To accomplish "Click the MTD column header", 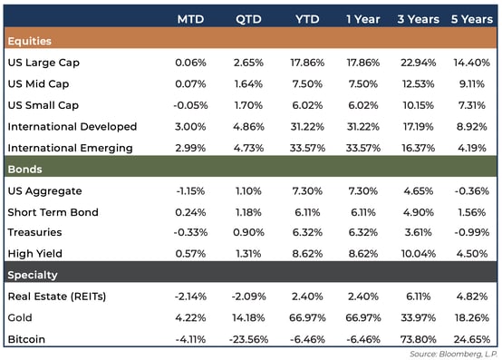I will (x=190, y=19).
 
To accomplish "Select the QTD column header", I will (x=249, y=19).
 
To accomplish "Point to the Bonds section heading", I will (x=25, y=170).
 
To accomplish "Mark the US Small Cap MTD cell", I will (x=189, y=106).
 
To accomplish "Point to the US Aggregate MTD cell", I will (x=189, y=191).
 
